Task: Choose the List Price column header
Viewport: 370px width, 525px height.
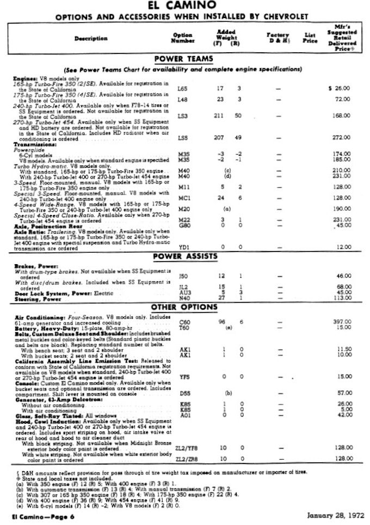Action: pyautogui.click(x=310, y=38)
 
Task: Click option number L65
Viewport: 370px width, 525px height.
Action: pyautogui.click(x=182, y=88)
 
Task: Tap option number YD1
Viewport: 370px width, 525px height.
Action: pyautogui.click(x=183, y=247)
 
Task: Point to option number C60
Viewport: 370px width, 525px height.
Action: pyautogui.click(x=184, y=322)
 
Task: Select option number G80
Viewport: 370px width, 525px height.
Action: pyautogui.click(x=183, y=224)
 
